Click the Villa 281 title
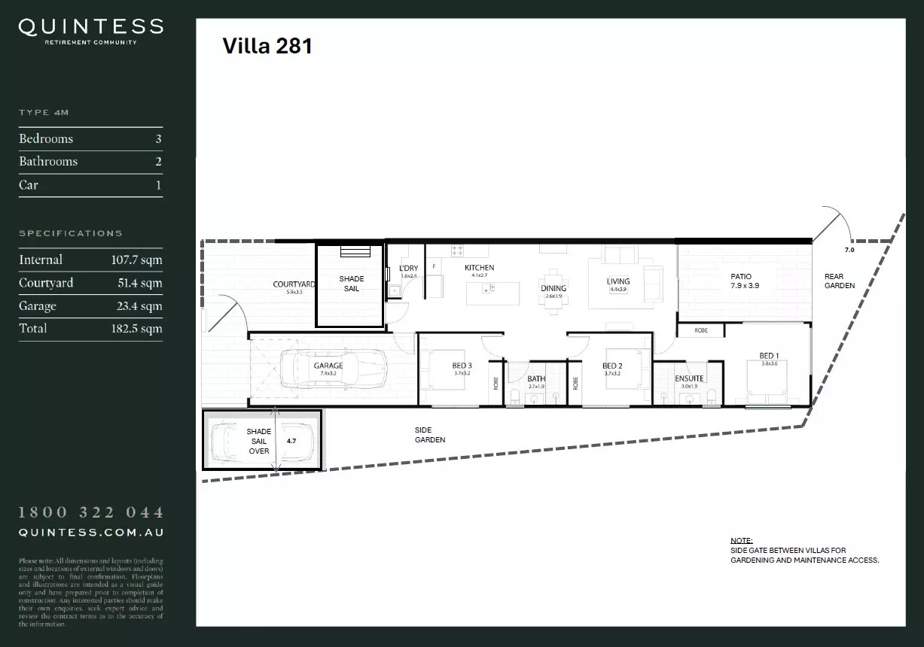pyautogui.click(x=267, y=47)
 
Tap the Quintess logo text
pyautogui.click(x=90, y=28)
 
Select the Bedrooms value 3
pyautogui.click(x=158, y=139)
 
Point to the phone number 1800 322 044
pyautogui.click(x=90, y=512)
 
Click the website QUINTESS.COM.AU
pyautogui.click(x=90, y=532)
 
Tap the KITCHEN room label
pyautogui.click(x=479, y=268)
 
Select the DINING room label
pyautogui.click(x=553, y=288)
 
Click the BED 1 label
pyautogui.click(x=769, y=356)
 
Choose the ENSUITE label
pyautogui.click(x=689, y=378)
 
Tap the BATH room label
pyautogui.click(x=536, y=379)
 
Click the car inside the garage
pyautogui.click(x=331, y=369)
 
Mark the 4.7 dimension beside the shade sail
pyautogui.click(x=292, y=442)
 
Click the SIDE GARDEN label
pyautogui.click(x=430, y=435)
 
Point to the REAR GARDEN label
pyautogui.click(x=839, y=281)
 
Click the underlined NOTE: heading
pyautogui.click(x=741, y=541)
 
